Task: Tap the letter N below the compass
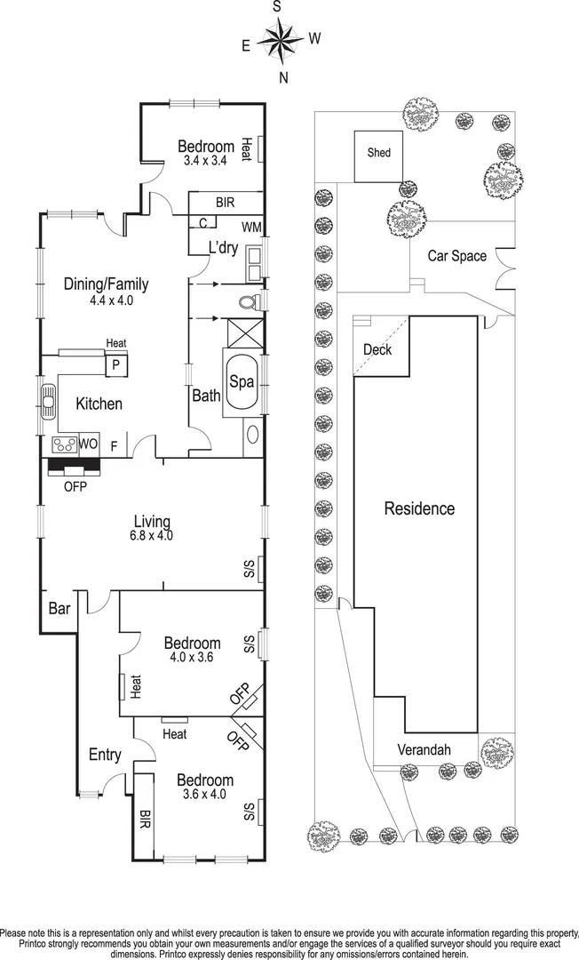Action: [x=283, y=77]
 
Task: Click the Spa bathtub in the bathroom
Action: [x=242, y=382]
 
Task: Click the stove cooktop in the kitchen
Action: [x=64, y=444]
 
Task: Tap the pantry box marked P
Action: [x=116, y=365]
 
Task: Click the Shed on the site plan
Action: [x=378, y=156]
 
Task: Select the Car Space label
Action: [x=456, y=256]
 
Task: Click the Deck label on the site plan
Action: [x=377, y=349]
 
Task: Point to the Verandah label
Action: [x=424, y=749]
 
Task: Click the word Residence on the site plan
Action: [x=419, y=508]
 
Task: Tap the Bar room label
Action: [x=59, y=609]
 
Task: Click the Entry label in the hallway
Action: [x=105, y=755]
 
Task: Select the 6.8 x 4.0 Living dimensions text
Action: [x=153, y=535]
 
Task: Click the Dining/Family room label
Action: [x=107, y=284]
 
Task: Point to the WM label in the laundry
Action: [x=250, y=228]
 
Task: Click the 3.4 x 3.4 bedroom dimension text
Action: [x=205, y=161]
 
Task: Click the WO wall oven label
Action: [x=88, y=444]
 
